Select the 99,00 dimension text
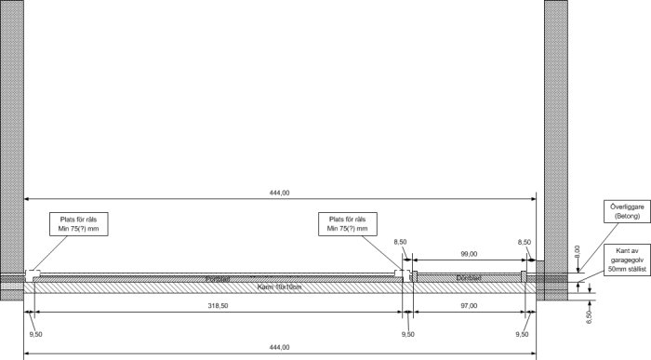point(468,254)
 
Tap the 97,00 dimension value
point(468,305)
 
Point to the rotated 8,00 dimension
point(577,251)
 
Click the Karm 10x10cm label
point(280,287)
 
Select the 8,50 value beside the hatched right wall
point(525,242)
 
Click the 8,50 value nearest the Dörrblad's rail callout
point(401,242)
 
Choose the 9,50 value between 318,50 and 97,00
point(407,332)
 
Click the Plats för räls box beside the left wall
point(81,223)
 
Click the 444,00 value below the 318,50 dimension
point(279,347)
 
